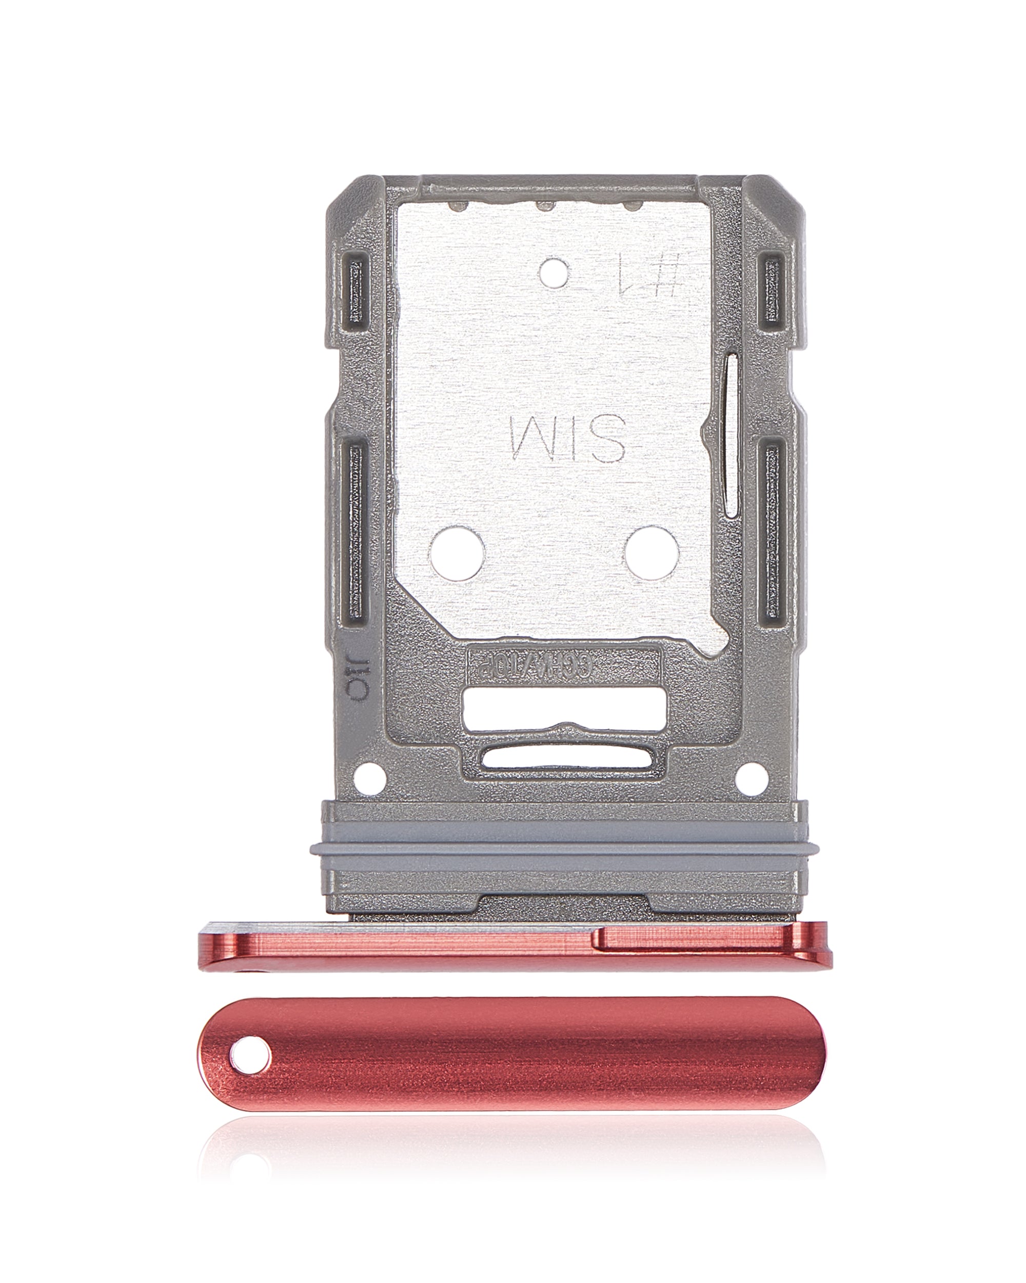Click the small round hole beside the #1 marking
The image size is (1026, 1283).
click(x=554, y=273)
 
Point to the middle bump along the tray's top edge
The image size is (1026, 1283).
click(x=545, y=206)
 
